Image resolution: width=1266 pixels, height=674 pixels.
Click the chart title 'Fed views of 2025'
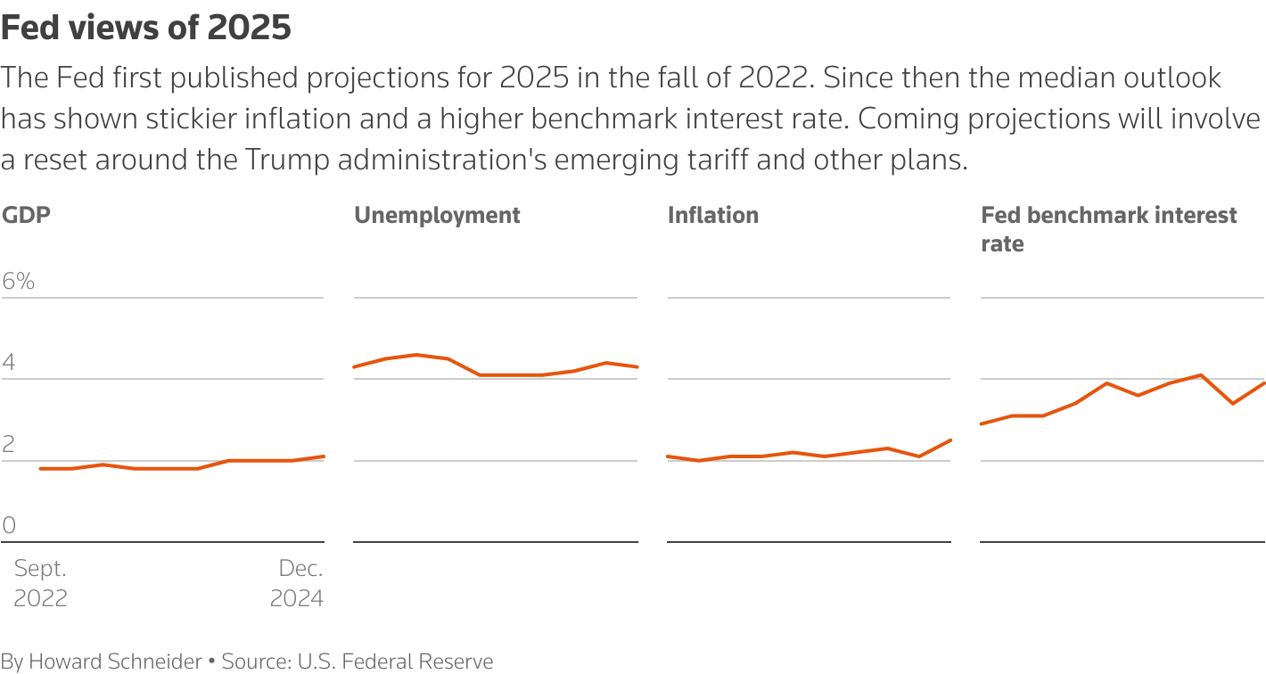pyautogui.click(x=146, y=28)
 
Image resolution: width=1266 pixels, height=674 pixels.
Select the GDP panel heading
pyautogui.click(x=27, y=215)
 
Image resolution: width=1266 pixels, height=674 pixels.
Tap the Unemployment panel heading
pyautogui.click(x=437, y=215)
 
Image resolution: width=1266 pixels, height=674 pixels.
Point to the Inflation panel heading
pyautogui.click(x=712, y=215)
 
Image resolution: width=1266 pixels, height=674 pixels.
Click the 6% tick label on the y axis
pyautogui.click(x=19, y=282)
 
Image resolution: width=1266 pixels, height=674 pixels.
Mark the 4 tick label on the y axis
pyautogui.click(x=10, y=363)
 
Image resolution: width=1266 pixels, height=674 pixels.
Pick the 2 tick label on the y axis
pyautogui.click(x=10, y=444)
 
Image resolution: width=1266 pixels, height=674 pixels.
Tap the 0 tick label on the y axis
pyautogui.click(x=10, y=525)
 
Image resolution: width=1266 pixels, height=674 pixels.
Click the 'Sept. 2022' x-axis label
pyautogui.click(x=40, y=583)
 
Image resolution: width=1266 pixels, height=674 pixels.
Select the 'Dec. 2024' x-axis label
pyautogui.click(x=297, y=583)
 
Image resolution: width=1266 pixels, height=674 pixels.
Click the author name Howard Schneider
pyautogui.click(x=115, y=662)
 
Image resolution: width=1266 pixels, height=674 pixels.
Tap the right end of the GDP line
pyautogui.click(x=324, y=456)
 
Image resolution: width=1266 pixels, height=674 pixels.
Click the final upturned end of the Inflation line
pyautogui.click(x=951, y=440)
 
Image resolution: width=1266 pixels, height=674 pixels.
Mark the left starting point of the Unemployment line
pyautogui.click(x=355, y=367)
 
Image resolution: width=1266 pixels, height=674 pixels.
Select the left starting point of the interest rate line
pyautogui.click(x=982, y=423)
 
